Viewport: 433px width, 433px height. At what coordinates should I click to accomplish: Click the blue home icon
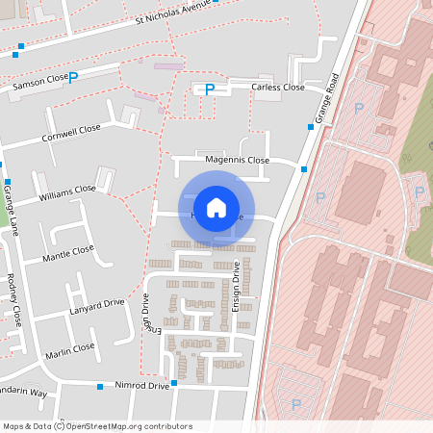pos(216,208)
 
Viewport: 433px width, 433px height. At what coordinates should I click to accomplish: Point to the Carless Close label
pos(278,88)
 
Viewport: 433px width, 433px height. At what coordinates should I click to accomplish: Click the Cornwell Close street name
pos(71,133)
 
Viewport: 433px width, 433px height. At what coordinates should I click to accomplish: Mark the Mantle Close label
pos(69,254)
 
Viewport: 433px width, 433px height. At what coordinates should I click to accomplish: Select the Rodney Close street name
pos(15,299)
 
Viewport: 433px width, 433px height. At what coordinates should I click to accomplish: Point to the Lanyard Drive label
pos(97,307)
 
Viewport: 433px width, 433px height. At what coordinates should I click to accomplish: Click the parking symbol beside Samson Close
pos(73,75)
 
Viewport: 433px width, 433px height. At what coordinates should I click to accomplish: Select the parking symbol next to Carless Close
pos(209,89)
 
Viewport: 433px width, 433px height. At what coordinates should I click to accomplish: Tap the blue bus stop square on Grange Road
pos(304,169)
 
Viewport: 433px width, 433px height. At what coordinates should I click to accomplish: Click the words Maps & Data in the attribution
pos(26,425)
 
